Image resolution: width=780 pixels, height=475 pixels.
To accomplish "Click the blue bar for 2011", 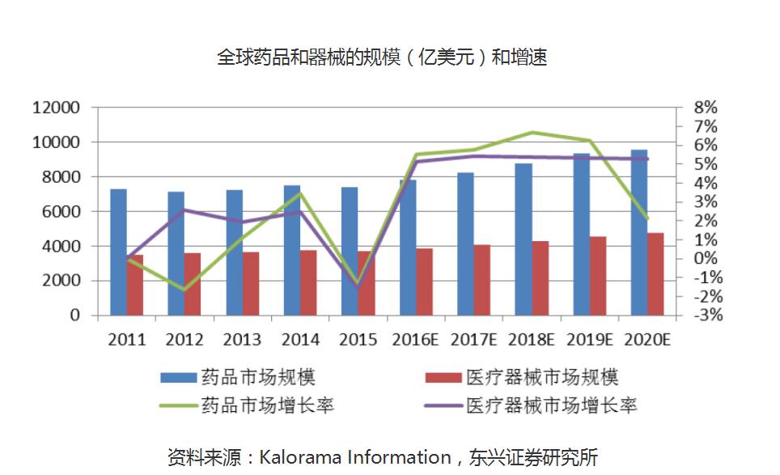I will coord(118,252).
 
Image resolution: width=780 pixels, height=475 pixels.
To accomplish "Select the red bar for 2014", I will coord(308,282).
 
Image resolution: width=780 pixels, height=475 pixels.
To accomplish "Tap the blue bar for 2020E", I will coord(638,232).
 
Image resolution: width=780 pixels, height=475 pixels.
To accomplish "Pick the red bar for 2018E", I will coord(540,278).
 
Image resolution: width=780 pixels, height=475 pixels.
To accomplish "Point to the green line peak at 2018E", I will coord(532,132).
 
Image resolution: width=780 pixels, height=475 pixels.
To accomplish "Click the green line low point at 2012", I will coord(184,290).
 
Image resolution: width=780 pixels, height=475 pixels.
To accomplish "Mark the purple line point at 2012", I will coord(184,210).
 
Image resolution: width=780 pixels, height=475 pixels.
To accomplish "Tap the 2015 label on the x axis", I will coord(358,339).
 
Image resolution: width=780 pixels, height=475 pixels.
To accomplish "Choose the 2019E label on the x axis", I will coord(588,339).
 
